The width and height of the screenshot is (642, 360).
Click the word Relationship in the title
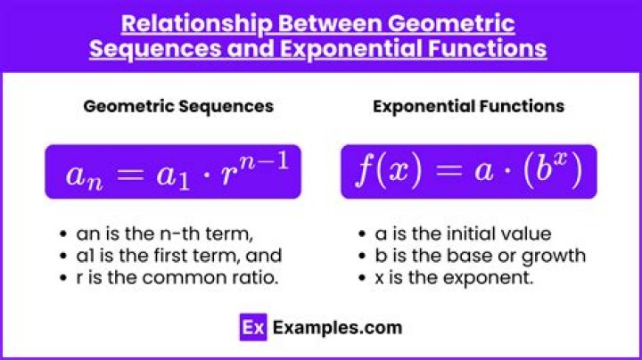coord(196,24)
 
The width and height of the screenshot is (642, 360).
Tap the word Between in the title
coord(331,23)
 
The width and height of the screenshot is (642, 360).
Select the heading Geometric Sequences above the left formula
coord(178,107)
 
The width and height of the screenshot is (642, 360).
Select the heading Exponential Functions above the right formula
coord(468,106)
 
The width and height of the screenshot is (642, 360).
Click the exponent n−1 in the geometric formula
coord(264,161)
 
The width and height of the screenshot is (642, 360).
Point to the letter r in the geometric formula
coord(228,175)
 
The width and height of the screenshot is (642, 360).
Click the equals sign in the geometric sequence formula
coord(130,175)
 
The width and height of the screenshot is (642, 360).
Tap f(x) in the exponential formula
coord(389,170)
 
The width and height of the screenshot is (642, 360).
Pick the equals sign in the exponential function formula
coord(448,170)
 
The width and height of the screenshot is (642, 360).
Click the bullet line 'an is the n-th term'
coord(164,234)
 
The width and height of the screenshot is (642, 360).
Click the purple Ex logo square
coord(253,327)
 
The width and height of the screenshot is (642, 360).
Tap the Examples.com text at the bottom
coord(337,328)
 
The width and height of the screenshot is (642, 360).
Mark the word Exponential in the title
coord(351,49)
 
